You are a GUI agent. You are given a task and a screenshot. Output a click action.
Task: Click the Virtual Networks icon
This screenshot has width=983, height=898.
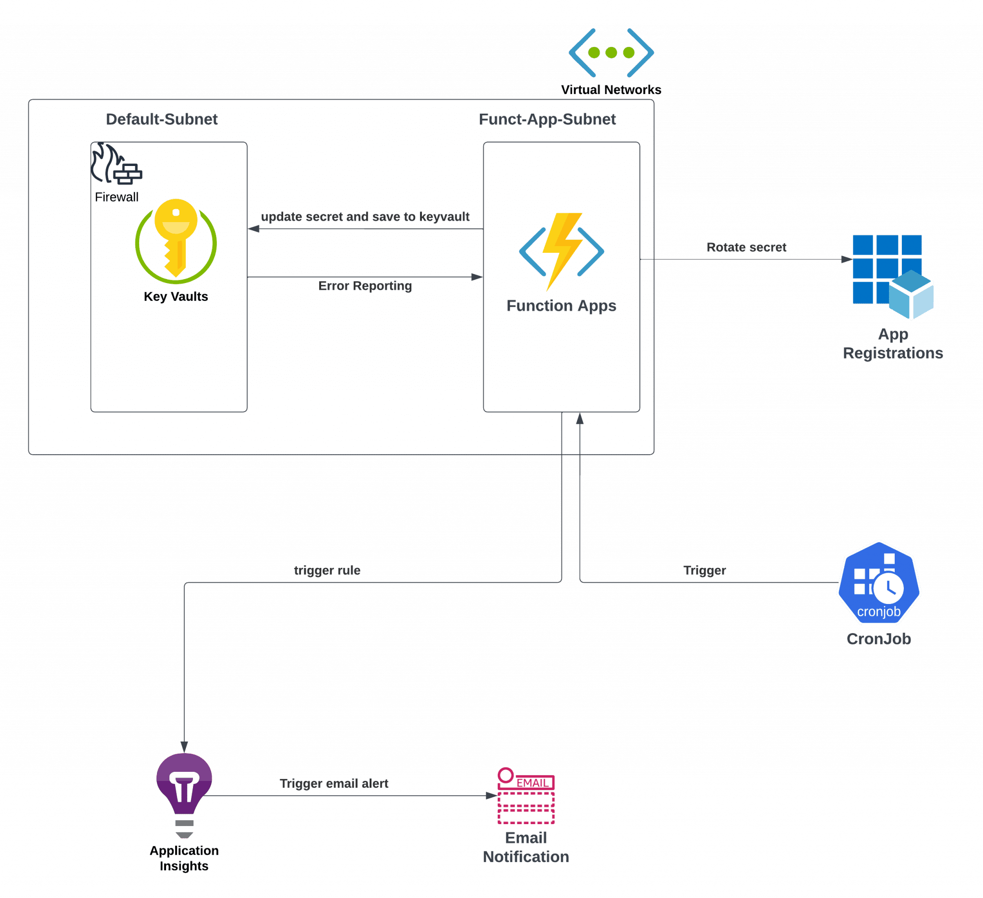tap(611, 53)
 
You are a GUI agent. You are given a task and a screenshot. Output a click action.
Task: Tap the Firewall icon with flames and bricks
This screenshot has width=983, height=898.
tap(116, 164)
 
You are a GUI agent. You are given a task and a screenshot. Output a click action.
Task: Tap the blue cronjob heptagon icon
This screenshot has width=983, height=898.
tap(879, 583)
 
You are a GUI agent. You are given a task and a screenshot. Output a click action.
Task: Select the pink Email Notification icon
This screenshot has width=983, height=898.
tap(526, 796)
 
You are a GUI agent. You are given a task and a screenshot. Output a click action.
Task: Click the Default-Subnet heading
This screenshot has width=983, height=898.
tap(161, 119)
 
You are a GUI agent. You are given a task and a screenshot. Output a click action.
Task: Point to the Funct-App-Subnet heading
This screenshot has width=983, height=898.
tap(547, 119)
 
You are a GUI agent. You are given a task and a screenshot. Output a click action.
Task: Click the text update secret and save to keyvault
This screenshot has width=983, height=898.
tap(365, 217)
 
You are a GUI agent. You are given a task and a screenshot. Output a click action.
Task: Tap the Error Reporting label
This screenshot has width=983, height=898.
tap(365, 286)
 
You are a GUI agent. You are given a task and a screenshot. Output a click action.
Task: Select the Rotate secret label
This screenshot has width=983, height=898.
tap(746, 248)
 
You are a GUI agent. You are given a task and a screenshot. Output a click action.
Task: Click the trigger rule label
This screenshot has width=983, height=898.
tap(327, 570)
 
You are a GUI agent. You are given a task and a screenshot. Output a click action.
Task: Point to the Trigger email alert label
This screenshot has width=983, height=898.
tap(334, 783)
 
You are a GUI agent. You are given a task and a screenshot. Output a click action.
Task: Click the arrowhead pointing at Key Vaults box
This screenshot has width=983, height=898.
tap(253, 228)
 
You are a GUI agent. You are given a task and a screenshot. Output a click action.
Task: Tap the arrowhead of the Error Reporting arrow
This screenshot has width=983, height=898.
tap(477, 277)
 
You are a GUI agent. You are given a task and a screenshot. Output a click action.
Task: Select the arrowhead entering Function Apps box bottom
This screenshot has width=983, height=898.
tap(580, 418)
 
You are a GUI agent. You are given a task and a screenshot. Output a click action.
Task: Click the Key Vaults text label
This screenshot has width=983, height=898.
tap(176, 297)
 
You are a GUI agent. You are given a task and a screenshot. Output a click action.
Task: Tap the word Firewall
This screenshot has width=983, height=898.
tap(117, 197)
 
